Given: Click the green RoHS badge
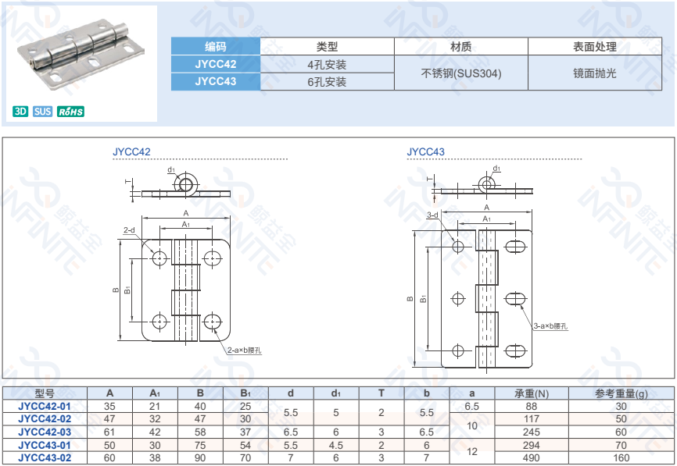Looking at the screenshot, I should click(x=70, y=112).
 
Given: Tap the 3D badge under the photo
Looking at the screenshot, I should click(x=20, y=112).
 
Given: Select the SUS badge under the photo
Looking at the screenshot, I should click(x=43, y=112).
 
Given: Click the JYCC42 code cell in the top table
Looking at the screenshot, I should click(x=215, y=64).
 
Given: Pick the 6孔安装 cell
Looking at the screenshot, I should click(x=327, y=81).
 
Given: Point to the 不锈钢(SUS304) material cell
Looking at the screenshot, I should click(x=461, y=73).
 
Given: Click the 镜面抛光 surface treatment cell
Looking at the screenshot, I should click(x=594, y=73).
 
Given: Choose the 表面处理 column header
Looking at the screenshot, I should click(x=594, y=47).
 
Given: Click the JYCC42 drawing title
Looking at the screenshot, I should click(x=131, y=151).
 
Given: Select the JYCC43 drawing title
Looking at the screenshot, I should click(x=425, y=151).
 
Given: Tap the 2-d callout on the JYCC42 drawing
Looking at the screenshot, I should click(x=129, y=230).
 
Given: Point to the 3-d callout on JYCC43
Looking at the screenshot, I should click(x=432, y=215).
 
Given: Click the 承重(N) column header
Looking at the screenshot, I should click(x=532, y=393).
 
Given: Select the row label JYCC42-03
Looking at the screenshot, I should click(x=45, y=432).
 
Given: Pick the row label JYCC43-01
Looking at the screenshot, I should click(x=45, y=445).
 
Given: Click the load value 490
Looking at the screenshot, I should click(x=532, y=458).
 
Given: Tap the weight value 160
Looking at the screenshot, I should click(x=621, y=458).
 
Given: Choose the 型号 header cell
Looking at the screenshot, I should click(x=45, y=393).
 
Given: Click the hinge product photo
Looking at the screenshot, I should click(x=82, y=55).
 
